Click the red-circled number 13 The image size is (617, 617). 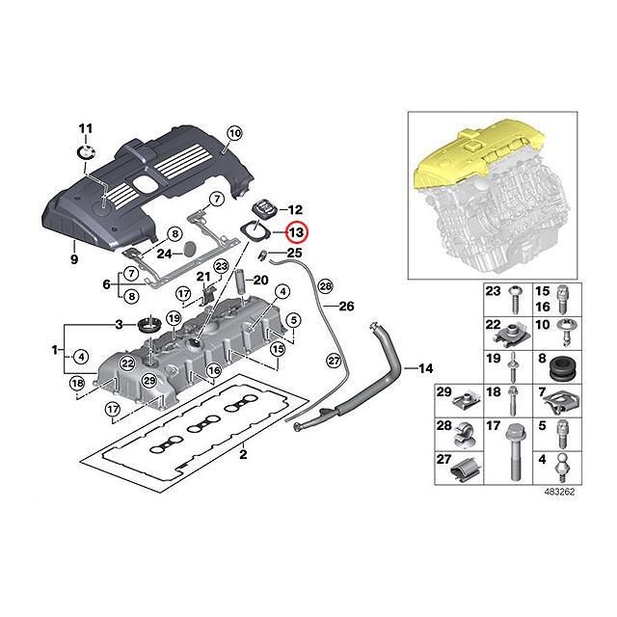pyautogui.click(x=295, y=232)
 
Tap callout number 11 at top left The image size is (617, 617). pyautogui.click(x=84, y=129)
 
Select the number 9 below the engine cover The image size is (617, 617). pyautogui.click(x=73, y=258)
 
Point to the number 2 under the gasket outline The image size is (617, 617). pyautogui.click(x=244, y=454)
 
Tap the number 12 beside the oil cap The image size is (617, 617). pyautogui.click(x=295, y=209)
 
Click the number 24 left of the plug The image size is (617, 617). pyautogui.click(x=164, y=254)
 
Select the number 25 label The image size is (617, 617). pyautogui.click(x=294, y=254)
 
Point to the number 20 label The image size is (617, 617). pyautogui.click(x=258, y=281)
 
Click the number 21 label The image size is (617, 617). pyautogui.click(x=203, y=277)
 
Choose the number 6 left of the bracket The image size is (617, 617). pyautogui.click(x=107, y=285)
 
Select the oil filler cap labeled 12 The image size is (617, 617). pyautogui.click(x=264, y=209)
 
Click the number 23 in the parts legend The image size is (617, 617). pyautogui.click(x=492, y=291)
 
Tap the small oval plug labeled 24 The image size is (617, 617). pyautogui.click(x=193, y=248)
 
